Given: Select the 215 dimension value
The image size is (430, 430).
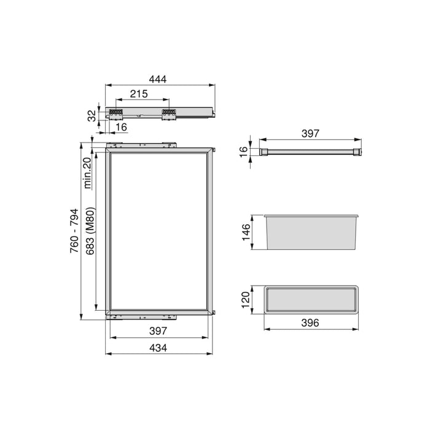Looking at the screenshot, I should click(x=139, y=95).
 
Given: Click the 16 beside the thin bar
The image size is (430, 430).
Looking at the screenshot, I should click(x=243, y=150).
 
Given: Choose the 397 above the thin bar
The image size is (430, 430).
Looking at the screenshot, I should click(x=310, y=133).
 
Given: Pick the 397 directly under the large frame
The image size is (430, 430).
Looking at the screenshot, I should click(x=158, y=332).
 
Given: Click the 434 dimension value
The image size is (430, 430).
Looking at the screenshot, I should click(x=158, y=348).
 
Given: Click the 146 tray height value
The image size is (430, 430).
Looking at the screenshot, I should click(x=246, y=234).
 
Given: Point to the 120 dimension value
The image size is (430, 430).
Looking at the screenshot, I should click(x=246, y=300).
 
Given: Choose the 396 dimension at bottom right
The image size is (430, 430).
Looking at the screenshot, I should click(x=311, y=323).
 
